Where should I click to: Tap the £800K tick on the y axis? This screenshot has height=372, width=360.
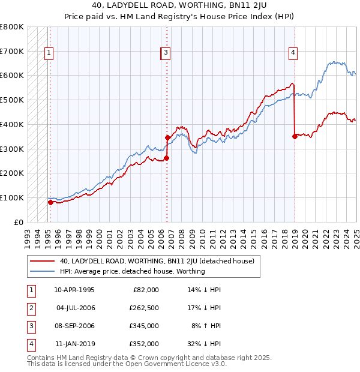tap(12, 27)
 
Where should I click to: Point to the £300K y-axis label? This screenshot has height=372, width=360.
tap(12, 149)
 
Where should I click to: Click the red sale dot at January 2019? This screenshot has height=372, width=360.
tap(295, 136)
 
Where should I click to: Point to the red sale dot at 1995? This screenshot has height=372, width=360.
tap(50, 202)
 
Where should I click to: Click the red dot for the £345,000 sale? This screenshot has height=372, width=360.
tap(167, 138)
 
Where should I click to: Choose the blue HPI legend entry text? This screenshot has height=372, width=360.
tap(132, 271)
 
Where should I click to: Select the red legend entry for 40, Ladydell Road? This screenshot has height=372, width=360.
tap(157, 261)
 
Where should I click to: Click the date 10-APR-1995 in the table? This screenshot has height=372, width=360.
tap(74, 290)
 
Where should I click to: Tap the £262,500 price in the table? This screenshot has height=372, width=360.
tap(145, 308)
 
